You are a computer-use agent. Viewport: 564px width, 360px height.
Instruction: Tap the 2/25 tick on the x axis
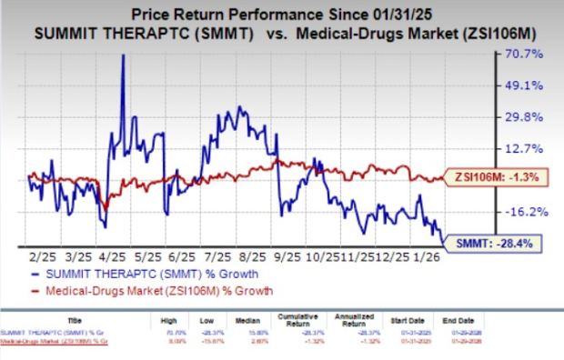point(40,257)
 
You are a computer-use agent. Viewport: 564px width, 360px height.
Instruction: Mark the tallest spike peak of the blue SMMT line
point(123,55)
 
